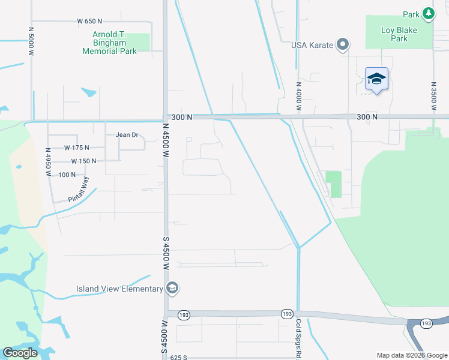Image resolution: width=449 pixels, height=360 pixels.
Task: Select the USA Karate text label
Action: tap(312, 45)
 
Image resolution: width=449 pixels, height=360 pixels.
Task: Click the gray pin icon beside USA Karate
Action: tap(343, 44)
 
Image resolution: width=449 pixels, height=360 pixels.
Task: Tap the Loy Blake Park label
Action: tap(403, 34)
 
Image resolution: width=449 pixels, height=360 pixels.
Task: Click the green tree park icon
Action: tap(428, 13)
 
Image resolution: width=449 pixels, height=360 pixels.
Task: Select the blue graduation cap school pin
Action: tap(376, 79)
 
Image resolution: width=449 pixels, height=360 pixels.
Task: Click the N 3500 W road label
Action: tap(433, 94)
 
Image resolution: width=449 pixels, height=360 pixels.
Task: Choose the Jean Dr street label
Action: tap(127, 135)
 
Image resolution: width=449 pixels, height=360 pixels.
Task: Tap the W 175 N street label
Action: tap(76, 148)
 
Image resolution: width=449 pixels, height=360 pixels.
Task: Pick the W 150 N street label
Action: tap(83, 161)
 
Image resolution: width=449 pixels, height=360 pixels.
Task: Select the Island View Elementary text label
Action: tap(119, 289)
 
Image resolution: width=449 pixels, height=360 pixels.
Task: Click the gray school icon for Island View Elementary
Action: tap(172, 289)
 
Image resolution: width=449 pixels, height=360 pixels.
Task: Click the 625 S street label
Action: tap(178, 357)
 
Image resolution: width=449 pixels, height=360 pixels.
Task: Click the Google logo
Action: tap(20, 353)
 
